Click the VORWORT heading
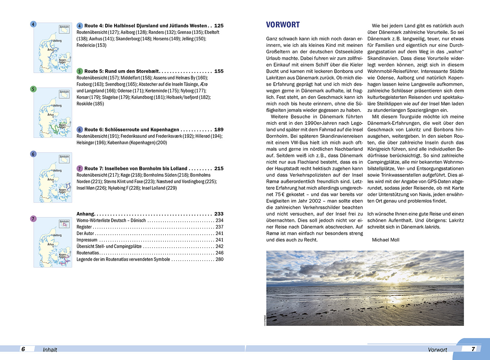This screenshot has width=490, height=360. tap(283, 25)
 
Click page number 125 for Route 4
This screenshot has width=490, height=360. tap(219, 26)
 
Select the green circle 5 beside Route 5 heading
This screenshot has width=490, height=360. tap(80, 71)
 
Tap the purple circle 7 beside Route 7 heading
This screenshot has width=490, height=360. tap(80, 168)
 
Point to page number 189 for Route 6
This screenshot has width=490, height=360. tap(219, 130)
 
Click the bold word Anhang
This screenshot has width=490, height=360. tap(85, 214)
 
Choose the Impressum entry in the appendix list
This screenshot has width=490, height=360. tap(87, 240)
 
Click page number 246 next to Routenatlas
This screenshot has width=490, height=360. tap(219, 253)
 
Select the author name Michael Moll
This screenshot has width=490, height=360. tap(385, 240)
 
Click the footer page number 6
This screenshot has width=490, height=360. tap(23, 349)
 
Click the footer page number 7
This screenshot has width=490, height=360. tap(473, 349)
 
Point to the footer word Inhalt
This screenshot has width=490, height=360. tap(50, 350)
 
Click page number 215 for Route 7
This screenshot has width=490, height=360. tap(219, 168)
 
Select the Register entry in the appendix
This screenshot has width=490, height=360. tap(84, 227)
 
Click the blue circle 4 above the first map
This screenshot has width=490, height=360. tap(33, 24)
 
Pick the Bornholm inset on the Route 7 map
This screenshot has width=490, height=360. tap(64, 224)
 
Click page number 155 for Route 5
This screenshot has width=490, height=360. tap(219, 71)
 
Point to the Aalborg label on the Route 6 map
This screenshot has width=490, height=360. tap(57, 171)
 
